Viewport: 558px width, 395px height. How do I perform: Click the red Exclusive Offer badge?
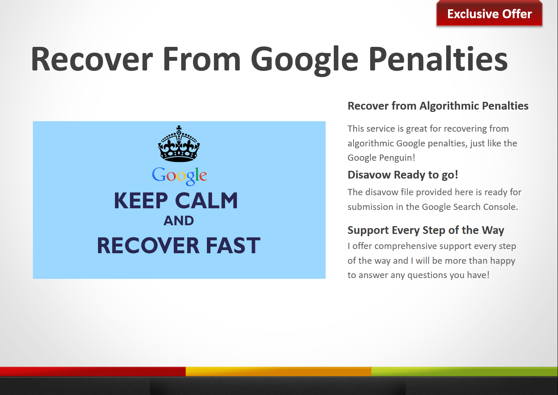489,13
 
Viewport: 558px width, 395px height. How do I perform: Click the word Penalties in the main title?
438,59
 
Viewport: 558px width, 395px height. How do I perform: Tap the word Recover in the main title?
92,59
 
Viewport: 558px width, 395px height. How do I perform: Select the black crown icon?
179,144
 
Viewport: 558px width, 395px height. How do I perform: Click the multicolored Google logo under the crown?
179,176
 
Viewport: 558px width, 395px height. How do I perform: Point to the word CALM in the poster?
206,201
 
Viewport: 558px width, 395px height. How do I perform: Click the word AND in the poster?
179,221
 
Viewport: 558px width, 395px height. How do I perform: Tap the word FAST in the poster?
233,246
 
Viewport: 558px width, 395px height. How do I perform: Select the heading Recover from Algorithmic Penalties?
438,106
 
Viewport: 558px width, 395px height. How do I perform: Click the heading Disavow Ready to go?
403,175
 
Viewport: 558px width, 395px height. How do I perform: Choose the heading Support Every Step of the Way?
426,230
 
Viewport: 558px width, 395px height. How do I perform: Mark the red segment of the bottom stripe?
93,372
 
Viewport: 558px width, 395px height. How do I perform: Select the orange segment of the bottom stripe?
278,372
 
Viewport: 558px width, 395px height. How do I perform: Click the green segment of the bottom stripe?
465,372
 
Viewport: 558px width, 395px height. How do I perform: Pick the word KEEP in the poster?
141,201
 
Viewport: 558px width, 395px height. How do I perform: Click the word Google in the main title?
304,61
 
